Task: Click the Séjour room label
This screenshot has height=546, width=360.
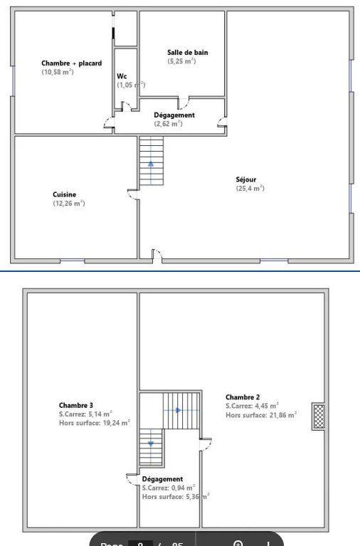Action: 246,179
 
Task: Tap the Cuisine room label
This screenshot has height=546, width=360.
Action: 64,194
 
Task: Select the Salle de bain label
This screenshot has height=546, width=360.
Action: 187,52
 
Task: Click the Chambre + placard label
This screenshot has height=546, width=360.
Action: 71,63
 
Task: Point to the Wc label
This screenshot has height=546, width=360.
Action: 122,76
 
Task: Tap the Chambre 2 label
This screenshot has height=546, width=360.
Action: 243,397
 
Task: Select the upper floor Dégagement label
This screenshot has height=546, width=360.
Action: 162,479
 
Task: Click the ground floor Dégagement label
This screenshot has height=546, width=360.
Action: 174,115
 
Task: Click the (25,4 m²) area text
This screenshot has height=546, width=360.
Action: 250,189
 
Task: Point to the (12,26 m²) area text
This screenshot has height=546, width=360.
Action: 68,204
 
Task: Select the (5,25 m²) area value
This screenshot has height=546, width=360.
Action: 181,61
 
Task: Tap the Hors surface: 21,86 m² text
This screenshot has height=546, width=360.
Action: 261,414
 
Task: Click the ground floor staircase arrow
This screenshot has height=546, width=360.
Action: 151,162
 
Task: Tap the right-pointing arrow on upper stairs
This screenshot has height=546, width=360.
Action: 178,410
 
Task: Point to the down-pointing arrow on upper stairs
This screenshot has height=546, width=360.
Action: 151,443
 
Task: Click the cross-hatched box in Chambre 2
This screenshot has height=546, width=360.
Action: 319,416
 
